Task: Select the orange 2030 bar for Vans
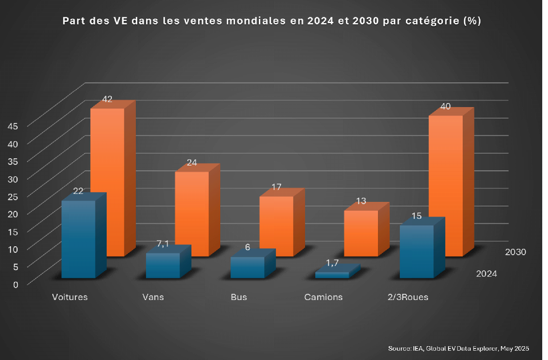point(191,213)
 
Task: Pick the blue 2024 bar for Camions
point(332,275)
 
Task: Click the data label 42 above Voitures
point(107,100)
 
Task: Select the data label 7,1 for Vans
point(163,244)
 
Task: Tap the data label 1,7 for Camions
point(332,263)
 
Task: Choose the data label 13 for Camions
point(361,201)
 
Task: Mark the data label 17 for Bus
point(276,187)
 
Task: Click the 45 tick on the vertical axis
point(13,126)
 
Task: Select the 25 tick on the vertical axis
point(13,196)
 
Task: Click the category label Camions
point(323,297)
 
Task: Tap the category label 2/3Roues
point(408,297)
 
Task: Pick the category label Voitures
point(70,297)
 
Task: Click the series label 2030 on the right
point(516,252)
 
